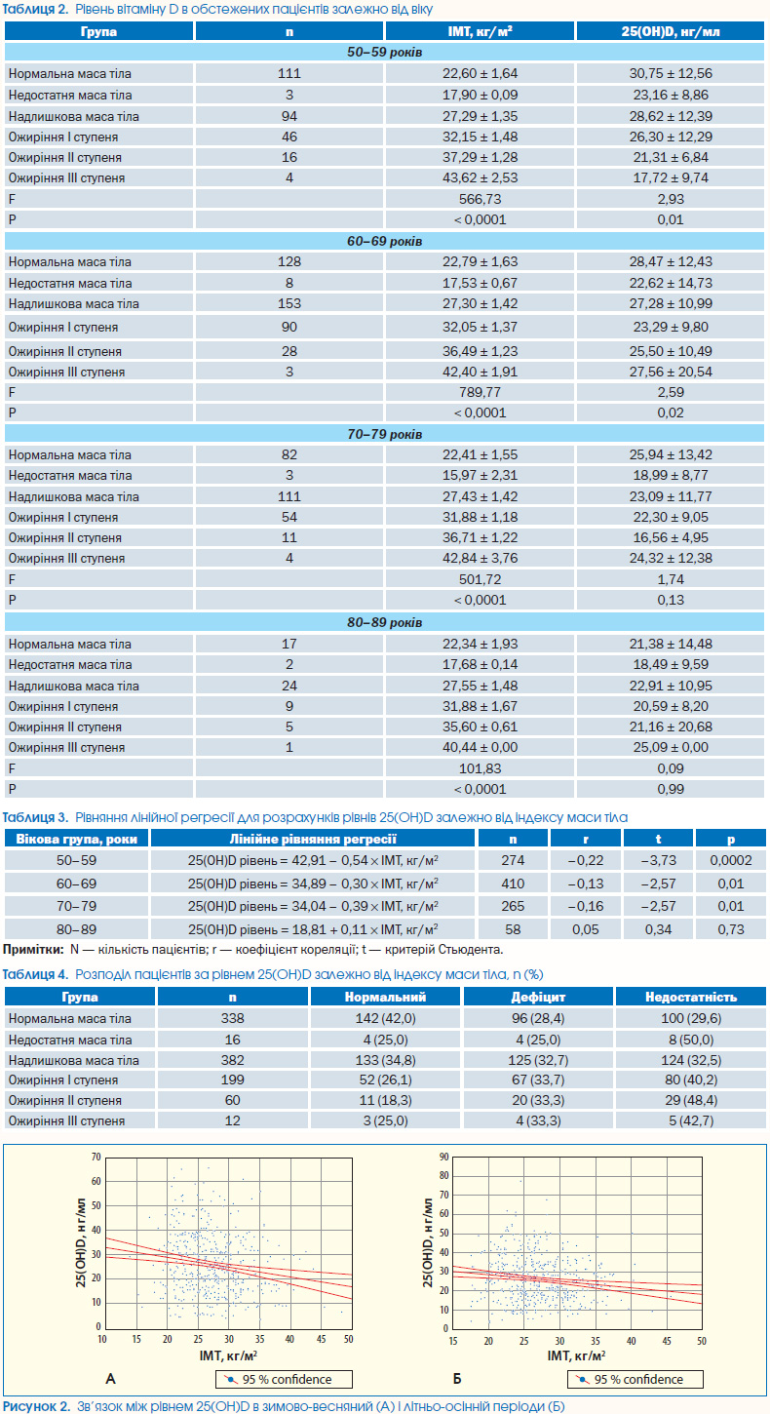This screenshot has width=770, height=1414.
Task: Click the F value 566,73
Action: click(x=480, y=199)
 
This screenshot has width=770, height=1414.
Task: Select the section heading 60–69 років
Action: click(x=384, y=241)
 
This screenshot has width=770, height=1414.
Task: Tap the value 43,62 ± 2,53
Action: click(x=480, y=178)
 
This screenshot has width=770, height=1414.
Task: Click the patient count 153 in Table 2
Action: click(x=289, y=303)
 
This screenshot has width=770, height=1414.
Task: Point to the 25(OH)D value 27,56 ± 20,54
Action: click(x=671, y=372)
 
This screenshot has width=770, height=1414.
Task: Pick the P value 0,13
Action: click(x=671, y=600)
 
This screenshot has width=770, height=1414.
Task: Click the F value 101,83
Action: click(x=480, y=768)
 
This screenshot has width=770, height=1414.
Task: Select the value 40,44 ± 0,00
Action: click(x=480, y=747)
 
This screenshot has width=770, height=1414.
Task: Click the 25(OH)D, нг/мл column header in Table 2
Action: click(x=671, y=31)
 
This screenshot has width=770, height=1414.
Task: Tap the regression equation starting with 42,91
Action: click(x=313, y=860)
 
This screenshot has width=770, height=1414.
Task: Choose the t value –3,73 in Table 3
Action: click(x=658, y=860)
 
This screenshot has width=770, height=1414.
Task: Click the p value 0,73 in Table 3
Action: click(x=731, y=929)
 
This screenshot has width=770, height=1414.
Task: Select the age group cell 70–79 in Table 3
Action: click(x=76, y=907)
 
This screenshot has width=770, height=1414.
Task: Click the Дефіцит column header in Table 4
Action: click(x=538, y=997)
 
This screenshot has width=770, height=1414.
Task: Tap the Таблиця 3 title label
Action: click(x=35, y=817)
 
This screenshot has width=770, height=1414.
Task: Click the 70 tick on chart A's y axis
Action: click(x=96, y=1157)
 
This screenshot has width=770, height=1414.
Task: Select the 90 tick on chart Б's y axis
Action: click(x=444, y=1157)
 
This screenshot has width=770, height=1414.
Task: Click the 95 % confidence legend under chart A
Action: click(x=284, y=1379)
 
